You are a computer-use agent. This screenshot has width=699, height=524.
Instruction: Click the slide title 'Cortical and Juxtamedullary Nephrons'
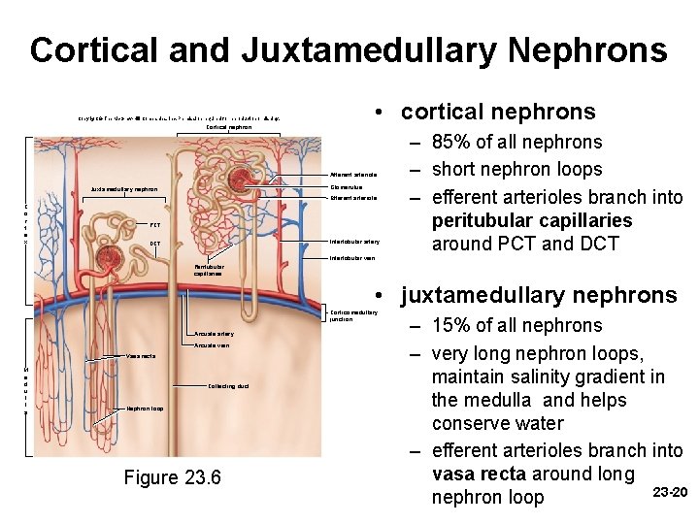click(x=349, y=49)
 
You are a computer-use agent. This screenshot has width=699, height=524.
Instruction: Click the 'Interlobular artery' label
click(x=354, y=241)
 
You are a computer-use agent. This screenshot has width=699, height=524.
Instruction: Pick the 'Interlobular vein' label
click(x=351, y=258)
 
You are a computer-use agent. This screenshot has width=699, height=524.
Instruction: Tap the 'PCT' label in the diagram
click(x=155, y=224)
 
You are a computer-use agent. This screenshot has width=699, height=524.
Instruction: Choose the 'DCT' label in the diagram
click(x=155, y=243)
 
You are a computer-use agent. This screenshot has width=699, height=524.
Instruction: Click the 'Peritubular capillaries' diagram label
click(x=209, y=270)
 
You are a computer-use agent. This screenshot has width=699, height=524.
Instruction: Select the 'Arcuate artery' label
click(x=214, y=334)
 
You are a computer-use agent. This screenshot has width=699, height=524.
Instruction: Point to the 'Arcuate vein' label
click(x=212, y=345)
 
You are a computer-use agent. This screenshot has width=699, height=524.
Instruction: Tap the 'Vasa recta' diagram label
click(x=141, y=355)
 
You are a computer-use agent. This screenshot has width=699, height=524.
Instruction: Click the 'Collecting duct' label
click(x=229, y=386)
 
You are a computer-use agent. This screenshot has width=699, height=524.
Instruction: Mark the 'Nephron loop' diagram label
click(x=145, y=409)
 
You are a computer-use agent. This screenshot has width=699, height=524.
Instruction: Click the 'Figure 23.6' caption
click(x=173, y=477)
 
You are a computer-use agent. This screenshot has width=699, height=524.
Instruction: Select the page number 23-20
click(x=670, y=492)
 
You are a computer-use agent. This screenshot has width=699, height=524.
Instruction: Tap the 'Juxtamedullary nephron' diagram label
click(x=124, y=189)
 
